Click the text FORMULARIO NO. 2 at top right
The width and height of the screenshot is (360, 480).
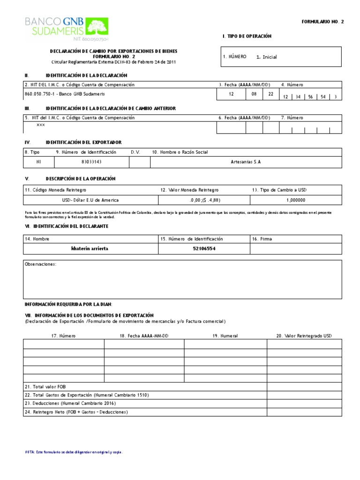[322, 22]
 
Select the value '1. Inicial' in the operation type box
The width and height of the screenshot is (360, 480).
[267, 57]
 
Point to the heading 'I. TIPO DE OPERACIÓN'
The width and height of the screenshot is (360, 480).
[247, 36]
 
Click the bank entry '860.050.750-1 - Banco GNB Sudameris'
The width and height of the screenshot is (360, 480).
[65, 94]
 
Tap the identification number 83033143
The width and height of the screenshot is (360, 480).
[92, 161]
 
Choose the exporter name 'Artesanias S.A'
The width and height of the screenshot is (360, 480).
[246, 161]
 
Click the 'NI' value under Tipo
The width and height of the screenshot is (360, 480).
[39, 161]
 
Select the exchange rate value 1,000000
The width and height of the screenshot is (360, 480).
[295, 200]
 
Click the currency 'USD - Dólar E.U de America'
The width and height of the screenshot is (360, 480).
[91, 200]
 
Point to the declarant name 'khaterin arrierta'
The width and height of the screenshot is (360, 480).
[89, 248]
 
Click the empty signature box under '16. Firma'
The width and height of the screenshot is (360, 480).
[295, 249]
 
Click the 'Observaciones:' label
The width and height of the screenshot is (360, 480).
[41, 264]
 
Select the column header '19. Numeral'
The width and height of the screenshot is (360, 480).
[225, 336]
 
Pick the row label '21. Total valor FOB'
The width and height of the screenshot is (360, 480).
[45, 387]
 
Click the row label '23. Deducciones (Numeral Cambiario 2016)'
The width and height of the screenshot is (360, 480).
[70, 403]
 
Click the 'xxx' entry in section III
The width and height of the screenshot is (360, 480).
[41, 126]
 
